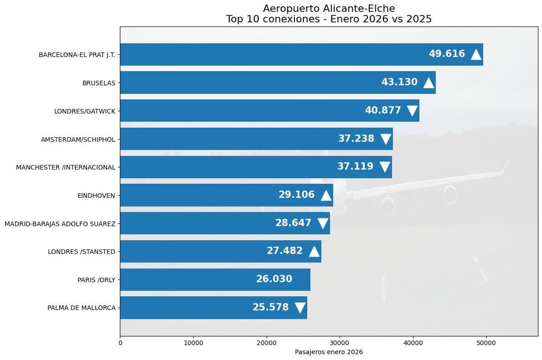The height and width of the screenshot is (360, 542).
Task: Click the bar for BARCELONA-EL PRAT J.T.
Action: tap(271, 54)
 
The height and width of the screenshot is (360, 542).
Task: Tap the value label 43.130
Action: tap(399, 82)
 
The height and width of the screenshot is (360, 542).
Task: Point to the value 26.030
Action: tap(274, 279)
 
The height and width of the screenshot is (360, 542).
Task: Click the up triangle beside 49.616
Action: tap(476, 55)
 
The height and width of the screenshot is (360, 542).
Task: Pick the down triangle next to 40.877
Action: tap(412, 111)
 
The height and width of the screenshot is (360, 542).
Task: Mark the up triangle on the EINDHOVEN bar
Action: tap(326, 195)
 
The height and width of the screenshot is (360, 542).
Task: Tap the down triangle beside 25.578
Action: tap(300, 308)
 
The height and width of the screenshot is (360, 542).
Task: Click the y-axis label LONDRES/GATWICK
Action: tap(85, 111)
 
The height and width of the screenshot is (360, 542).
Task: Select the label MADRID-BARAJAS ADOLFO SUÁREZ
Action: tap(60, 224)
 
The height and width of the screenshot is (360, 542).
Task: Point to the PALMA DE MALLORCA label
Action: tap(81, 308)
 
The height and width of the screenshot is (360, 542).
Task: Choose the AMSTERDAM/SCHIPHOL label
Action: tap(78, 139)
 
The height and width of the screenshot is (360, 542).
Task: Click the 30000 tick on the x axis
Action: tap(340, 343)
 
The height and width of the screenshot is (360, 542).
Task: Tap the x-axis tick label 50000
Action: tap(486, 343)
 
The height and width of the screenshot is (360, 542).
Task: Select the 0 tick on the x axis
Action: tap(120, 343)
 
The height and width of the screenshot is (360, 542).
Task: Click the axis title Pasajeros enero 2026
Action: tap(329, 352)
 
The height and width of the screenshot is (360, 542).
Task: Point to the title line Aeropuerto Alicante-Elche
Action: tap(329, 9)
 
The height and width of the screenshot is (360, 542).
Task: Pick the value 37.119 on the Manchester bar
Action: tap(355, 167)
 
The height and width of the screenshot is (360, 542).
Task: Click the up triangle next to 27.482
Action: tap(314, 251)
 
